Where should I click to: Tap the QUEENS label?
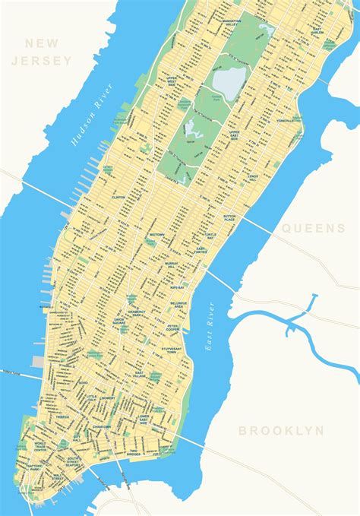314,227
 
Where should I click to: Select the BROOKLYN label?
282,430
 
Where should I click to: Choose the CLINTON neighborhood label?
118,196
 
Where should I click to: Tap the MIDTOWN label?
156,235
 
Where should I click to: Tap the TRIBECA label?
62,416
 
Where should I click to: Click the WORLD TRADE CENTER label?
40,447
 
